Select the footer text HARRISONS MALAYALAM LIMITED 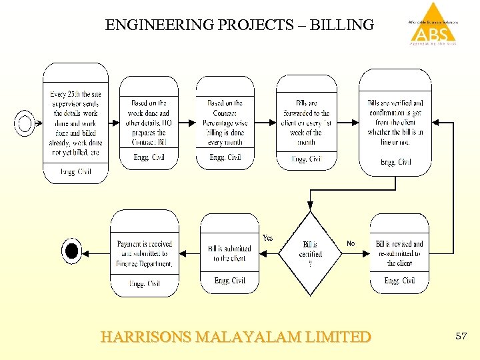tap(235, 337)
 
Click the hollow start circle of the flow tap(25, 123)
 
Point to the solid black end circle tap(71, 251)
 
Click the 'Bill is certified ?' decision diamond tap(310, 253)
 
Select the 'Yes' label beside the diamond tap(267, 237)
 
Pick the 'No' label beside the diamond tap(351, 243)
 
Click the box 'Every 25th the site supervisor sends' tap(75, 123)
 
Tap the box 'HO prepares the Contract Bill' tap(149, 123)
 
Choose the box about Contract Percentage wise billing tap(225, 123)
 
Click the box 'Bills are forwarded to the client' tap(307, 123)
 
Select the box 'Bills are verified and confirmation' tap(395, 123)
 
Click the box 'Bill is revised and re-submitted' tap(399, 253)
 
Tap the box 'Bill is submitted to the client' tap(229, 253)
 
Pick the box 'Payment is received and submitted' tap(144, 253)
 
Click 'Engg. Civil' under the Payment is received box tap(144, 283)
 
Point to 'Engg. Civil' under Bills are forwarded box tap(307, 159)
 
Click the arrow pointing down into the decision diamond tap(310, 203)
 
